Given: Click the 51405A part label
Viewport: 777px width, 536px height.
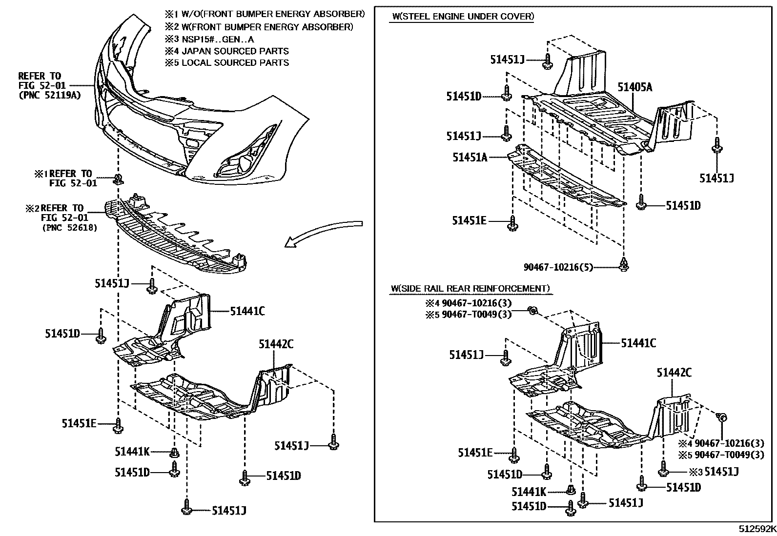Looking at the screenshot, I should (634, 87).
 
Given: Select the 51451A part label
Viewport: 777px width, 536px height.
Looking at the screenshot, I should (470, 157).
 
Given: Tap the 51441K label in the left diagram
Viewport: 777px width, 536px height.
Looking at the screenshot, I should (132, 452).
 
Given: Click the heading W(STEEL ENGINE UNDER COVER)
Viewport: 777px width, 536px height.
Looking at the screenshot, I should (462, 17).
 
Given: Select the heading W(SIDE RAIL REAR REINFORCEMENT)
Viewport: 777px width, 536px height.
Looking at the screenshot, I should (470, 289).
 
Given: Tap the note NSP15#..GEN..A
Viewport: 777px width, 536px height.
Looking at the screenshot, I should (217, 40).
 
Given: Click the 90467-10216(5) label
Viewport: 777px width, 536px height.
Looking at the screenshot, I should (558, 267).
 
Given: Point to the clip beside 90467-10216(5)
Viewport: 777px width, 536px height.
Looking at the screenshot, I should (624, 265).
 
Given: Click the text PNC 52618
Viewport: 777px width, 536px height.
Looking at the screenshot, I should (69, 227).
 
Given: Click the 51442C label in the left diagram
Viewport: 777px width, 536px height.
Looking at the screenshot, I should (276, 344).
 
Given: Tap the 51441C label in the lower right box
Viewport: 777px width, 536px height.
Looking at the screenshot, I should (638, 343).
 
